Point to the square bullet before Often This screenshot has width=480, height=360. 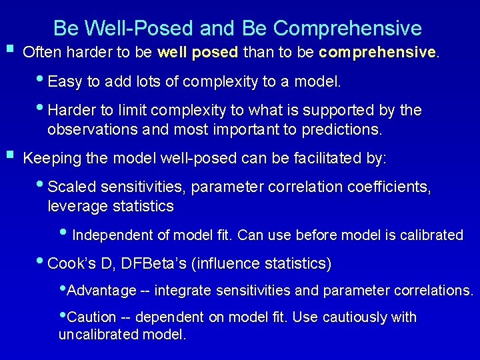(9, 49)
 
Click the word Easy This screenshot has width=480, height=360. (65, 82)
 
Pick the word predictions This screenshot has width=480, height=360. (342, 129)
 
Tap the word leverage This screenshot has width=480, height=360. (75, 207)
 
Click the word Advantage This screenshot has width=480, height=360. (102, 291)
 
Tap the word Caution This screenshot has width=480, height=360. (92, 317)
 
